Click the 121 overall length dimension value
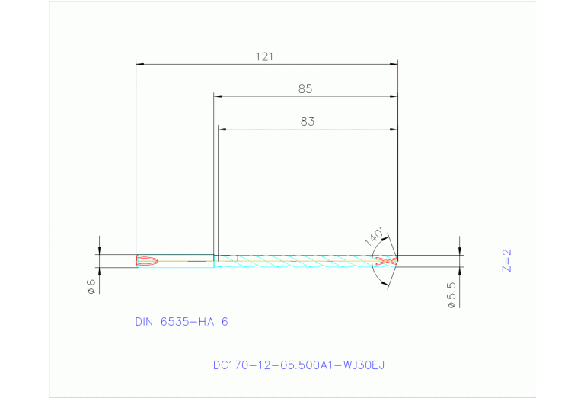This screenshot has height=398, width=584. coord(265,56)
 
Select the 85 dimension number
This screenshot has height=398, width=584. coord(305,89)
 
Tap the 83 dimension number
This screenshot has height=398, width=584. coord(307,121)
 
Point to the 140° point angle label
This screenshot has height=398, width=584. coord(375,236)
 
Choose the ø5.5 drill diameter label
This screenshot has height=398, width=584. coord(452,295)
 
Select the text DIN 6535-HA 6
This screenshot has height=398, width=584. coord(181,322)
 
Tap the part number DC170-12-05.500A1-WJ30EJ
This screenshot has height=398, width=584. coord(298,365)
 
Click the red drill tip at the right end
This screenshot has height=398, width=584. coord(387,261)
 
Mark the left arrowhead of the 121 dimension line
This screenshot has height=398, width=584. coord(139,64)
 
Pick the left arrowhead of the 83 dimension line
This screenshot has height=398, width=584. coord(222,129)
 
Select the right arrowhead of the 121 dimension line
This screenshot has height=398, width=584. coord(394,64)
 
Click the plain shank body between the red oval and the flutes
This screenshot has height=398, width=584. coord(187,261)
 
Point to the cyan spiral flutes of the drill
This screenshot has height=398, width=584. coord(305,261)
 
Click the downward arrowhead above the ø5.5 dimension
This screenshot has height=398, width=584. coord(460,251)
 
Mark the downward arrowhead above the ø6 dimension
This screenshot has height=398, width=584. coord(99,251)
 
